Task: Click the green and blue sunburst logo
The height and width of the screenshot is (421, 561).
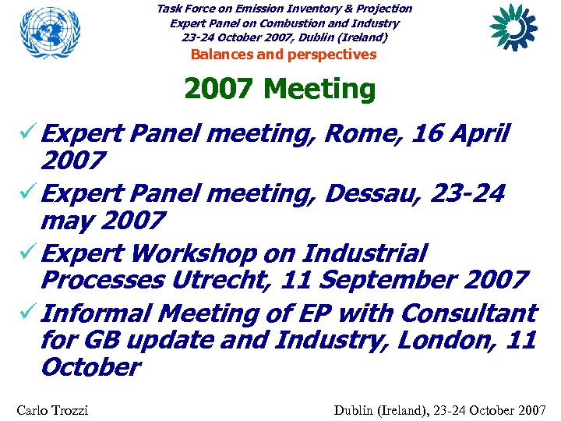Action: pyautogui.click(x=513, y=27)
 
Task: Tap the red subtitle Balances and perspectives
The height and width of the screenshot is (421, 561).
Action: pyautogui.click(x=284, y=55)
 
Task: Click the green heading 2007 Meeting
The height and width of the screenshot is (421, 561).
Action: pyautogui.click(x=280, y=90)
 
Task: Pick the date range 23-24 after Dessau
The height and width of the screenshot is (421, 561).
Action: pyautogui.click(x=468, y=193)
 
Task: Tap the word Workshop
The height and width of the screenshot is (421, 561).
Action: pyautogui.click(x=194, y=253)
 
